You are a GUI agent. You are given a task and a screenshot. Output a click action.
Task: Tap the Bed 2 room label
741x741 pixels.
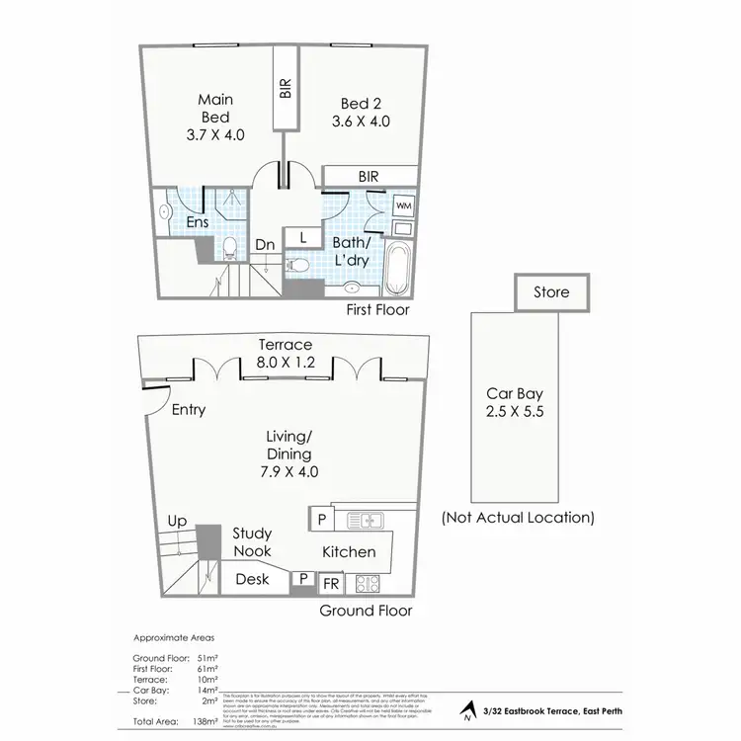361,113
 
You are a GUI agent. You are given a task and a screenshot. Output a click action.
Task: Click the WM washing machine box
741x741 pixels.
403,205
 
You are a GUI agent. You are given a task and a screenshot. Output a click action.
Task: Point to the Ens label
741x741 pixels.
197,222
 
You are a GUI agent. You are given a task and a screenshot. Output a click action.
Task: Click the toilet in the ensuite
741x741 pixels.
228,247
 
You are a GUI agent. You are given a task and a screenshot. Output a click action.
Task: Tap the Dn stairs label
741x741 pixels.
264,244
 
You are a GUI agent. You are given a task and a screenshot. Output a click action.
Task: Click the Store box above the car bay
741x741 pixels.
551,292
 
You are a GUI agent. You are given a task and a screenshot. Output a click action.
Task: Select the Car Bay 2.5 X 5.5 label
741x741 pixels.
512,404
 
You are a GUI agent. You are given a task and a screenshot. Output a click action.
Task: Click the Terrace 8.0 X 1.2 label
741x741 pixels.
286,354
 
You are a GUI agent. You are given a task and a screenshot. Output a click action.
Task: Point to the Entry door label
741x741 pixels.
188,410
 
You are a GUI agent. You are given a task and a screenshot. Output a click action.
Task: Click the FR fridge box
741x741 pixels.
331,583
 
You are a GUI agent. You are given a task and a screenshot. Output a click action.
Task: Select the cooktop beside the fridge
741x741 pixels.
368,583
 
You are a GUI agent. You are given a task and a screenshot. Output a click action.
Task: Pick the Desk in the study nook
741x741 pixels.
253,580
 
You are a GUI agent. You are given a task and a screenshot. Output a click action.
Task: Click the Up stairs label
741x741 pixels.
178,521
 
